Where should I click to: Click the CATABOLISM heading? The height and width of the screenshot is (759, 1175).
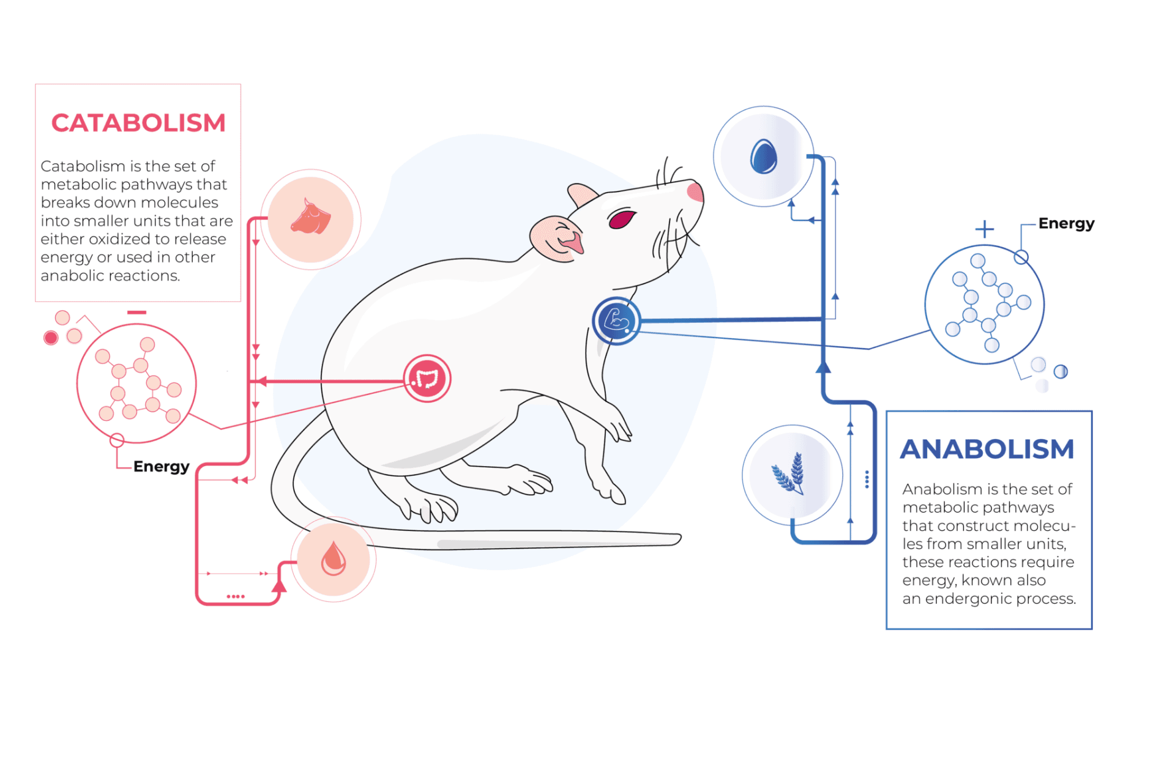(138, 123)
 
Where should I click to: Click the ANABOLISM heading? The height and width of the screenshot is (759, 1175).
(987, 449)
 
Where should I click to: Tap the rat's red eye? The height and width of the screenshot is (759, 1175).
(621, 218)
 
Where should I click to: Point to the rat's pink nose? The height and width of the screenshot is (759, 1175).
(695, 191)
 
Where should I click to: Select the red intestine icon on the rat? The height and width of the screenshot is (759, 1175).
(427, 379)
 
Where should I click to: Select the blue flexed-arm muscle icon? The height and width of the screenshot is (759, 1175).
(616, 320)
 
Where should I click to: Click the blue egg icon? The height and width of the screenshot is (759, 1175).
(764, 157)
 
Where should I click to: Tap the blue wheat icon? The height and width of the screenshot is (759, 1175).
(789, 473)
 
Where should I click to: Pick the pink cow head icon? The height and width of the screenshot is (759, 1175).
(311, 218)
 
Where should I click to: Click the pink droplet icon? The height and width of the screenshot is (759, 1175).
(334, 558)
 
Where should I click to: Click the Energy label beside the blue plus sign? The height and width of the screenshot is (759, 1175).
(1066, 224)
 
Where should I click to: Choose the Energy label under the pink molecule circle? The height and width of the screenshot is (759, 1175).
(162, 467)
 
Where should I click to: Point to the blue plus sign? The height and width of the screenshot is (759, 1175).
(985, 229)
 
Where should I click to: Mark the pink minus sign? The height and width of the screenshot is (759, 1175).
(137, 313)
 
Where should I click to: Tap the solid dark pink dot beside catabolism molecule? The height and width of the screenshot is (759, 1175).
(51, 338)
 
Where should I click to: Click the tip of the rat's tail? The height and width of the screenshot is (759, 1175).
(679, 538)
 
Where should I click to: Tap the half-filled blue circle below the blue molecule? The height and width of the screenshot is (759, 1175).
(1061, 371)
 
